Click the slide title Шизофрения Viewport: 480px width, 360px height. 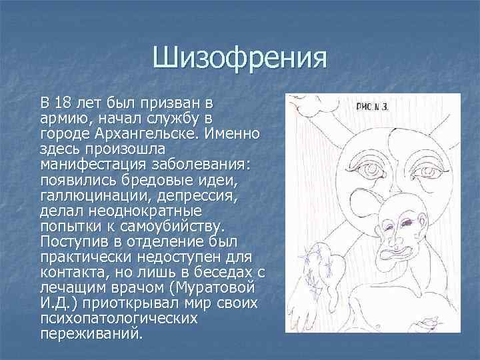click(x=240, y=59)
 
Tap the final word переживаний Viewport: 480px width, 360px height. click(x=91, y=333)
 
